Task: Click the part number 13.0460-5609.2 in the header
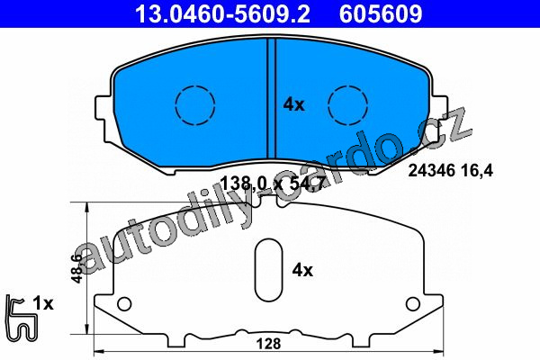tap(223, 13)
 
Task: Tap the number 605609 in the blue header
tap(381, 13)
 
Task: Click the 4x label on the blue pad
tap(293, 104)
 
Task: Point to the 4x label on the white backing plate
tap(302, 270)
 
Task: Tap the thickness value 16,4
tap(481, 170)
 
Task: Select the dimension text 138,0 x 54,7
tap(272, 184)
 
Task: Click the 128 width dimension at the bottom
tap(268, 344)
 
